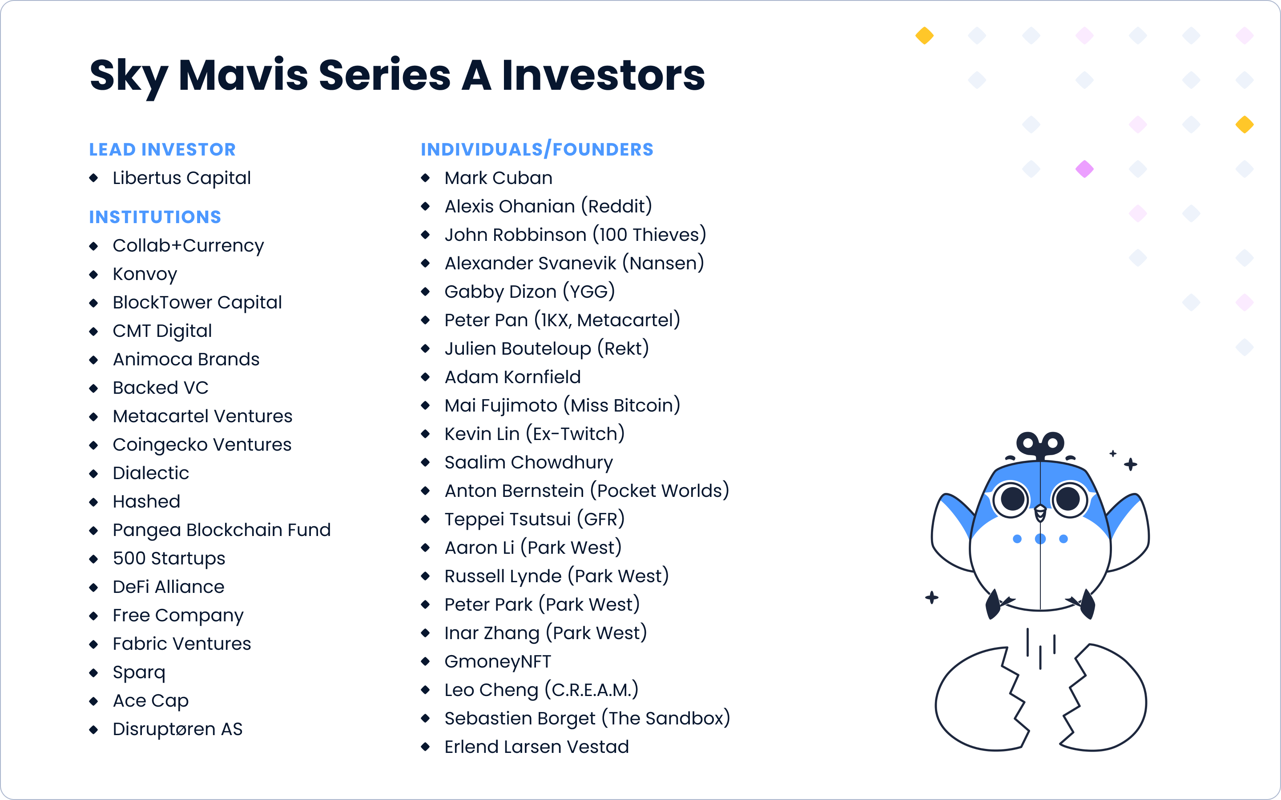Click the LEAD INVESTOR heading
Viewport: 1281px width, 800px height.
pyautogui.click(x=162, y=150)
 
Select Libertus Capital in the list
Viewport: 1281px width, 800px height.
pyautogui.click(x=181, y=178)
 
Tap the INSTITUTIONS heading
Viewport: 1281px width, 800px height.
pyautogui.click(x=155, y=217)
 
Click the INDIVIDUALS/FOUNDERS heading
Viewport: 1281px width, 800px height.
pyautogui.click(x=537, y=150)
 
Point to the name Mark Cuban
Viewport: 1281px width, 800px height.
pyautogui.click(x=498, y=178)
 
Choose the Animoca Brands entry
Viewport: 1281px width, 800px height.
pyautogui.click(x=186, y=359)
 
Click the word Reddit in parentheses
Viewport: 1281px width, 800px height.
pyautogui.click(x=616, y=206)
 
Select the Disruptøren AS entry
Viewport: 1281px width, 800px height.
pyautogui.click(x=177, y=729)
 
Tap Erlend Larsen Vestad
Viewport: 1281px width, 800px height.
pyautogui.click(x=536, y=747)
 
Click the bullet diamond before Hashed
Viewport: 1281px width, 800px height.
pyautogui.click(x=94, y=502)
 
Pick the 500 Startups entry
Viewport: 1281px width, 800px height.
pyautogui.click(x=169, y=559)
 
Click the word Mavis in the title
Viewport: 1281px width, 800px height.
pyautogui.click(x=243, y=75)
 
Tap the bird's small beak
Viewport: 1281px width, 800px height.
pyautogui.click(x=1040, y=513)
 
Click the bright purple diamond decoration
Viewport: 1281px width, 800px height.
pyautogui.click(x=1084, y=169)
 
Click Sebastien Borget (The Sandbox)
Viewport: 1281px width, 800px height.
pyautogui.click(x=587, y=719)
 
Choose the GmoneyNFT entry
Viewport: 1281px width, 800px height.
pyautogui.click(x=498, y=662)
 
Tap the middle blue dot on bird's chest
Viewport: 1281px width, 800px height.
pyautogui.click(x=1040, y=539)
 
